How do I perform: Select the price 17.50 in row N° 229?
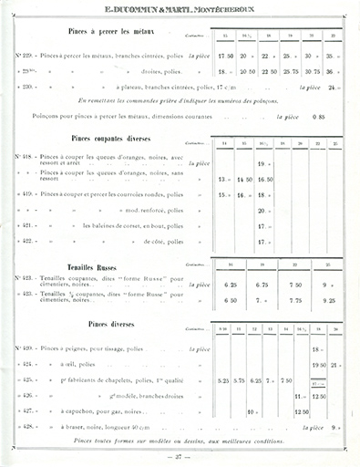coord(225,54)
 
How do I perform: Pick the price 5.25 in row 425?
coord(211,379)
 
